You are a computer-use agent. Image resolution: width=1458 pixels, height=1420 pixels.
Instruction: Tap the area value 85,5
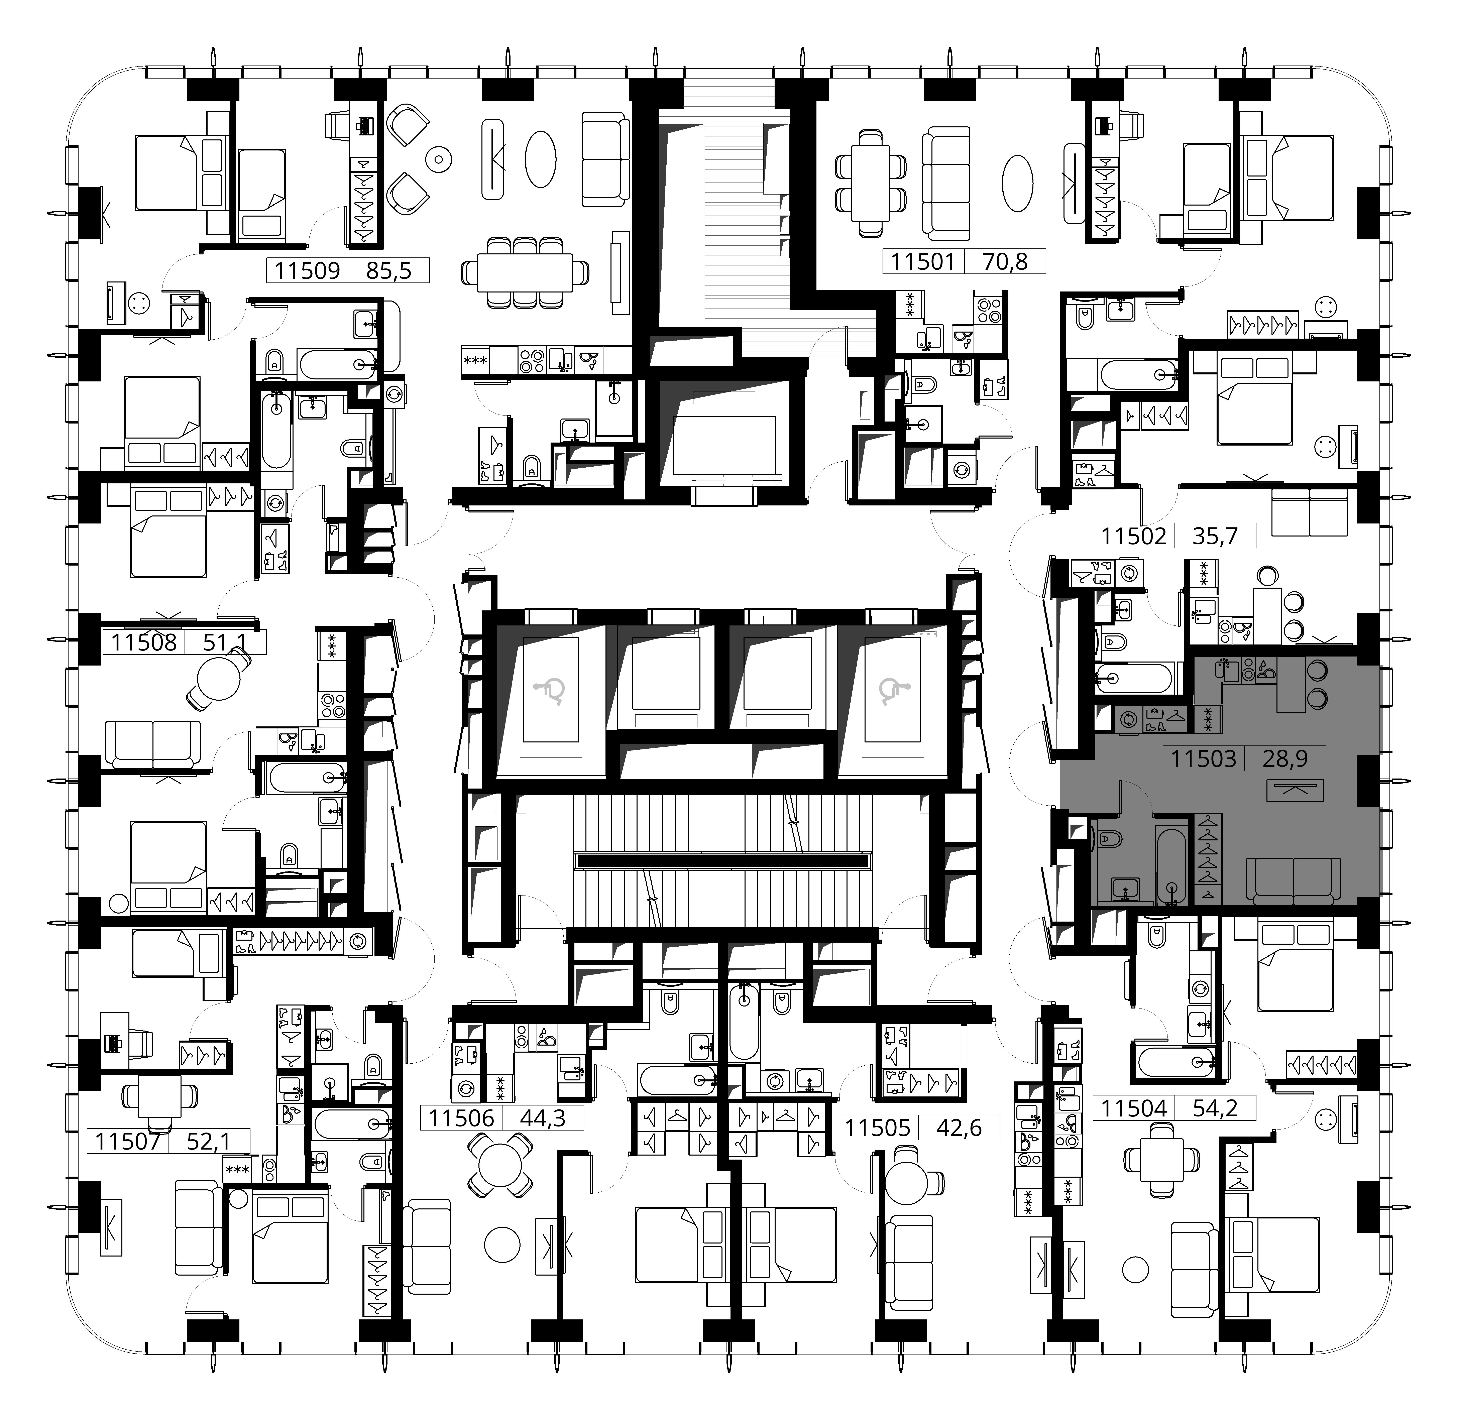(388, 270)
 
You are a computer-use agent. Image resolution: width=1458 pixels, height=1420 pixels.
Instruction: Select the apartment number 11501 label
(923, 261)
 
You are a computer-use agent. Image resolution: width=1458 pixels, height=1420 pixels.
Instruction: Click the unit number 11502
(1134, 536)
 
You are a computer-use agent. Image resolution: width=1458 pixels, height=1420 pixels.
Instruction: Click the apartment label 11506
(462, 1118)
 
